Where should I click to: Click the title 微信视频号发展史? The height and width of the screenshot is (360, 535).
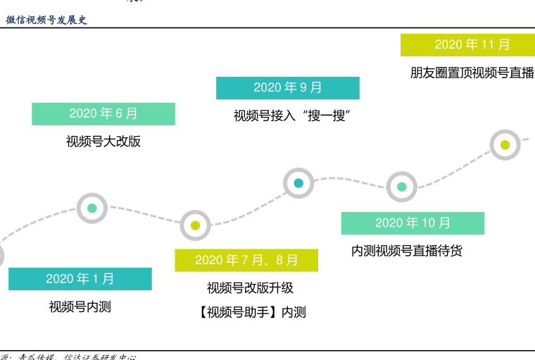46,20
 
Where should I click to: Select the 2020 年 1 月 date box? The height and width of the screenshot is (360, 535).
80,279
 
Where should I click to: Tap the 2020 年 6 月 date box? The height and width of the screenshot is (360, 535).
103,114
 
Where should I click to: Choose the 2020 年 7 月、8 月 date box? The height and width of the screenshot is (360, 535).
246,261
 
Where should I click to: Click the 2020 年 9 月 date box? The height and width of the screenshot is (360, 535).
287,88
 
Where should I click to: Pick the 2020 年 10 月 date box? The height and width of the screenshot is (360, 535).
413,223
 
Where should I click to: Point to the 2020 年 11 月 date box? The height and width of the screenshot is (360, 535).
472,45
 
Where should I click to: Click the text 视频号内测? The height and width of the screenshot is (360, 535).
80,307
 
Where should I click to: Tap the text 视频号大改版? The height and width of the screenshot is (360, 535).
103,142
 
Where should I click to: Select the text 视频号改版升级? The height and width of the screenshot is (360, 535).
250,288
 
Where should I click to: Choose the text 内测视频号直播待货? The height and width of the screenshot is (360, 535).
407,251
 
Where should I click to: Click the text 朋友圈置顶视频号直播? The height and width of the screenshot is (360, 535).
472,73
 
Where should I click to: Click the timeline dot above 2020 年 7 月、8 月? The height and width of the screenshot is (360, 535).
195,225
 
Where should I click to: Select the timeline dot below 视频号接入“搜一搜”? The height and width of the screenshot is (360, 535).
298,183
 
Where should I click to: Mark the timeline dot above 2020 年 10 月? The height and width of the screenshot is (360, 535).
402,187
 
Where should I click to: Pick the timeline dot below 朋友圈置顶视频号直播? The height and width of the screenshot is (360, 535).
505,145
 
